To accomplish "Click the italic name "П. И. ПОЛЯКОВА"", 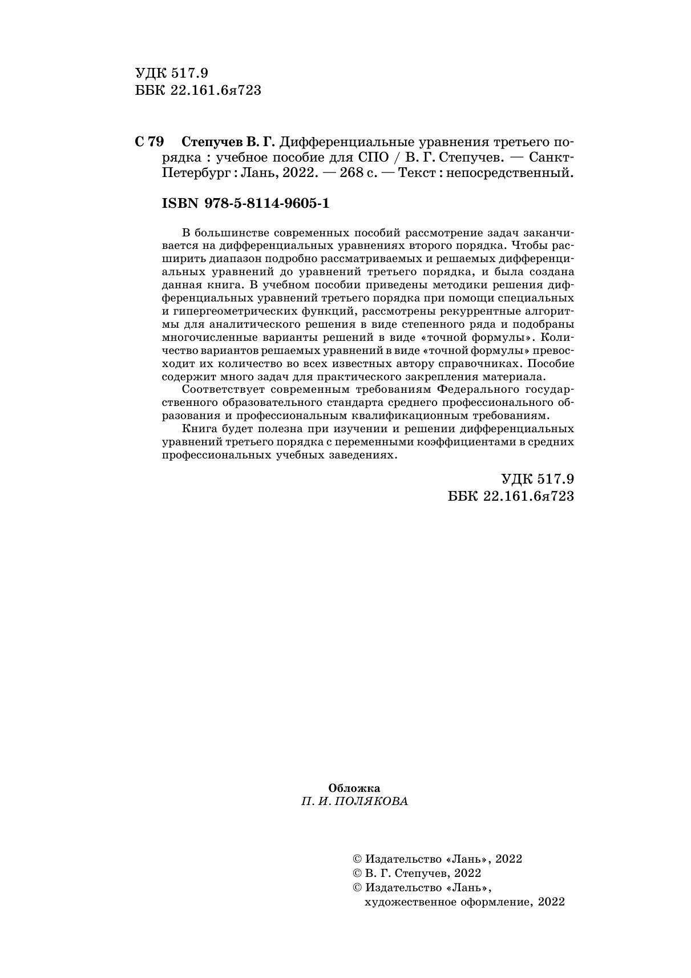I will click(x=354, y=801).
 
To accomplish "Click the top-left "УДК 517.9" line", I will click(x=172, y=73).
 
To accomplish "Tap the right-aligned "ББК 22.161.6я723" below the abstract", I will click(x=511, y=496).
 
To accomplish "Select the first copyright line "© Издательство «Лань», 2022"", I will click(x=438, y=859).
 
